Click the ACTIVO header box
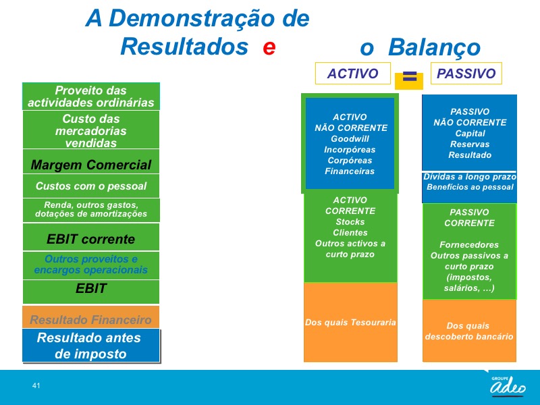click(x=352, y=74)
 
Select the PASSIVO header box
click(x=466, y=74)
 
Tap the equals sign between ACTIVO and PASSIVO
click(x=410, y=76)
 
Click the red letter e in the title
click(x=269, y=47)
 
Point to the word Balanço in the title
click(x=434, y=47)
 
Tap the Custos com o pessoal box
click(x=91, y=186)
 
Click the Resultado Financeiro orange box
click(x=91, y=317)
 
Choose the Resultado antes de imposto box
click(x=91, y=346)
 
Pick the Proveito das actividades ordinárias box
click(x=91, y=97)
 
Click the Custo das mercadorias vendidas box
click(x=91, y=130)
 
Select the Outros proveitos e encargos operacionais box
click(x=91, y=265)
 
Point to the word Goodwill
click(x=350, y=139)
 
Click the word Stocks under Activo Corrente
click(x=350, y=222)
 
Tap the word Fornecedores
click(x=469, y=245)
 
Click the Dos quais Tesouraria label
click(x=350, y=323)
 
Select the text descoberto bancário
click(x=469, y=336)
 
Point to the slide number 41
click(x=36, y=385)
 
